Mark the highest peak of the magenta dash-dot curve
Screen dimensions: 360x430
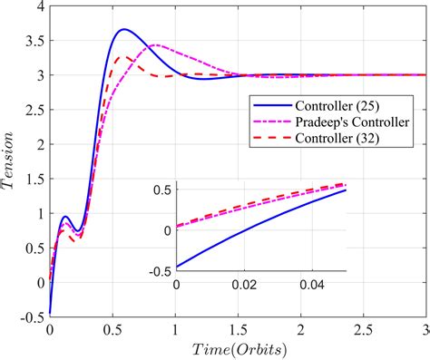[156, 45]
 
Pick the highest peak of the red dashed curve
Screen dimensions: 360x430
[129, 57]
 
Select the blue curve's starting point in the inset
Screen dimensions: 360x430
[177, 267]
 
